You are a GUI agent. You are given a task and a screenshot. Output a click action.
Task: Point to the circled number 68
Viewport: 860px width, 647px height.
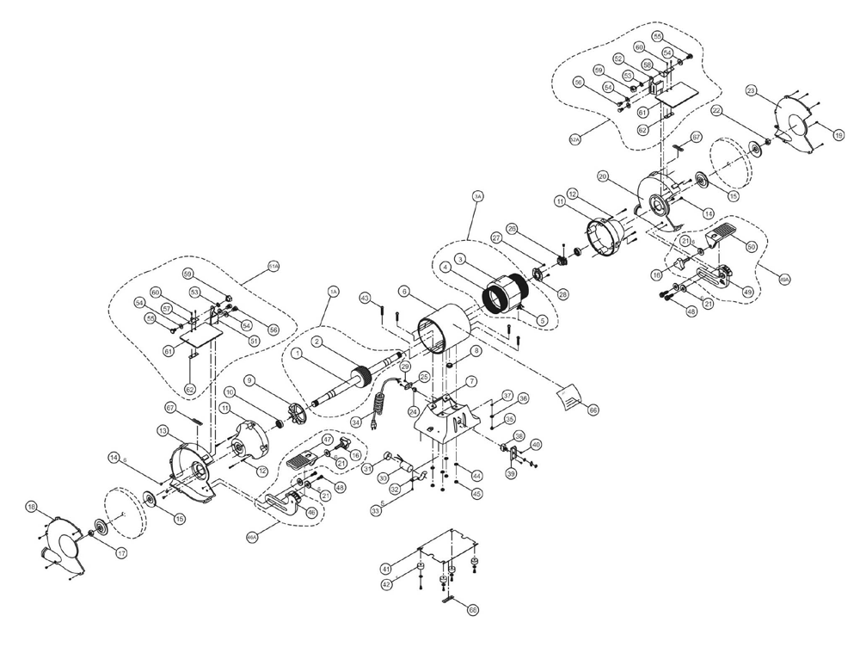(473, 609)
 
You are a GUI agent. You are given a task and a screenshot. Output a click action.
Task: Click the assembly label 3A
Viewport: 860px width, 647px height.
(478, 197)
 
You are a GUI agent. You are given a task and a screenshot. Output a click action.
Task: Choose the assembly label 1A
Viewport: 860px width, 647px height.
(334, 293)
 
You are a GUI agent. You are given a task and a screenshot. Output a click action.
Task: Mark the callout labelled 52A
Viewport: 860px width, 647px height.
(575, 137)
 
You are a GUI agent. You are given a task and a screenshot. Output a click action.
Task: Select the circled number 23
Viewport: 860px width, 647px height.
(751, 90)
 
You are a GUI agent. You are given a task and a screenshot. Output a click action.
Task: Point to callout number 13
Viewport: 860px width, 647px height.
(163, 429)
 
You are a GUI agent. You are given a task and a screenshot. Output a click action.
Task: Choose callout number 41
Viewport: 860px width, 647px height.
(387, 569)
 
